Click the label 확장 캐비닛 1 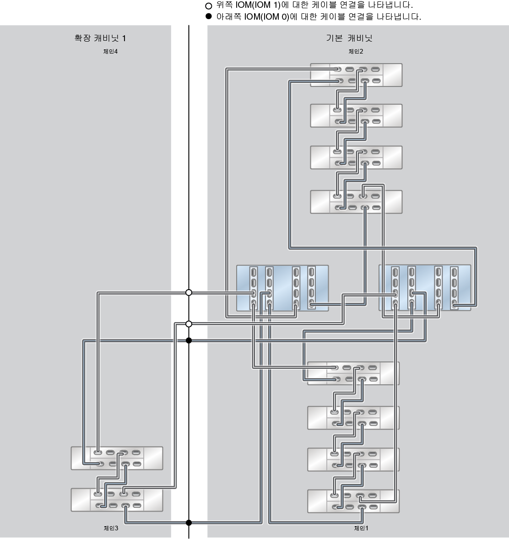tap(100, 38)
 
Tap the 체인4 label tap(110, 51)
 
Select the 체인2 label tap(356, 51)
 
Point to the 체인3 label tap(111, 528)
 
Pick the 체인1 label tap(361, 528)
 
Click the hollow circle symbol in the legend tap(209, 6)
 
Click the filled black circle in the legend tap(209, 17)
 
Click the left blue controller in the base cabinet tap(282, 288)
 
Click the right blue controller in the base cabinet tap(424, 288)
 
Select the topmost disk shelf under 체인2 tap(356, 75)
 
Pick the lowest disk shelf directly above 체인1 tap(353, 501)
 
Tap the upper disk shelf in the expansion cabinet tap(117, 458)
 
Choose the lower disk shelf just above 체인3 tap(117, 500)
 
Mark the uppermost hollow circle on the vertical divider tap(189, 292)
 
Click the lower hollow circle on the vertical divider tap(189, 324)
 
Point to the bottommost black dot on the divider tap(189, 523)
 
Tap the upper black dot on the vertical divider tap(189, 340)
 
